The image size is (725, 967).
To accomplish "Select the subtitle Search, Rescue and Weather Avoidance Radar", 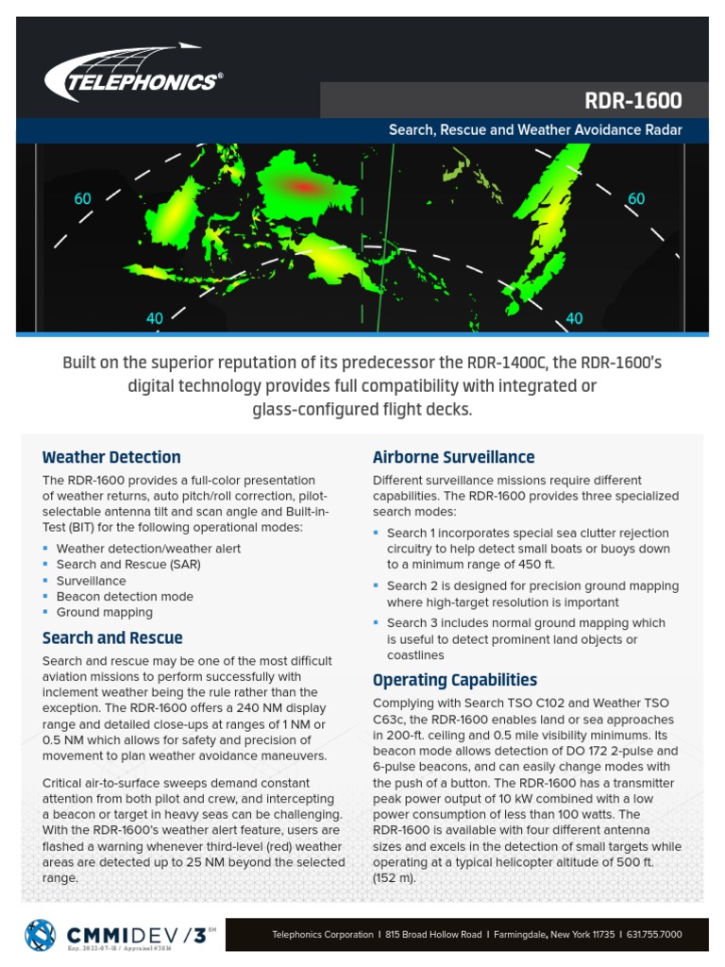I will pos(535,130).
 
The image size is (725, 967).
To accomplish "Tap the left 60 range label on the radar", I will pos(83,199).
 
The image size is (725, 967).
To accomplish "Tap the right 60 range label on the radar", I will pos(636,199).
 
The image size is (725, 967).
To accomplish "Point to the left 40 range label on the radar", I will pos(155,319).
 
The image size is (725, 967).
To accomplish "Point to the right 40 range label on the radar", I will pos(574,319).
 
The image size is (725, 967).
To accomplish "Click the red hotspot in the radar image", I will pos(304,187).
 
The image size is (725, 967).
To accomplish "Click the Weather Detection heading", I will pos(111,458).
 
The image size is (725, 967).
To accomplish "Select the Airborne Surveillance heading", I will pos(453,458).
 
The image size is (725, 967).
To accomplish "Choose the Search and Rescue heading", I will pos(112,638).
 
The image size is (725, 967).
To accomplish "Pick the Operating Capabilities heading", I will pos(455,680).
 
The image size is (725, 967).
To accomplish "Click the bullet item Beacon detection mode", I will pos(125,597).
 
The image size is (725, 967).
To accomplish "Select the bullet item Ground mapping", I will pos(104,613).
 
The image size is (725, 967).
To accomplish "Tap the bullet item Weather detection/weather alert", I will pos(148,549).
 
